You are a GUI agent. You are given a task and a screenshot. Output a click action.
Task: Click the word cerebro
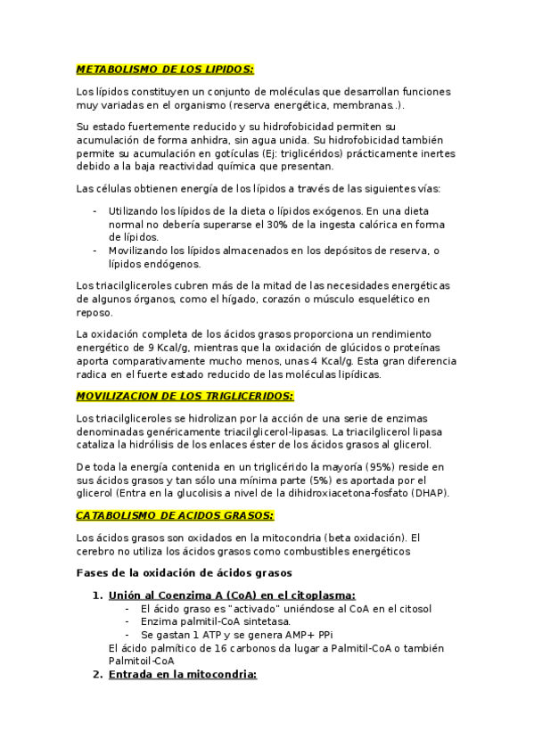click(97, 551)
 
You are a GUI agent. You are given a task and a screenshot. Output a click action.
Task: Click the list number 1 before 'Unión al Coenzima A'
click(96, 596)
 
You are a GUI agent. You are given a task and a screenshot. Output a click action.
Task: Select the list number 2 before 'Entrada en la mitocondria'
click(96, 675)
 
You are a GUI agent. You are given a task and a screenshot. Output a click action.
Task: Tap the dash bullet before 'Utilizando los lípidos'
click(95, 210)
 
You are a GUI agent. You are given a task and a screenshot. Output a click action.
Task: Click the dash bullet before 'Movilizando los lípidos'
click(95, 251)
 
